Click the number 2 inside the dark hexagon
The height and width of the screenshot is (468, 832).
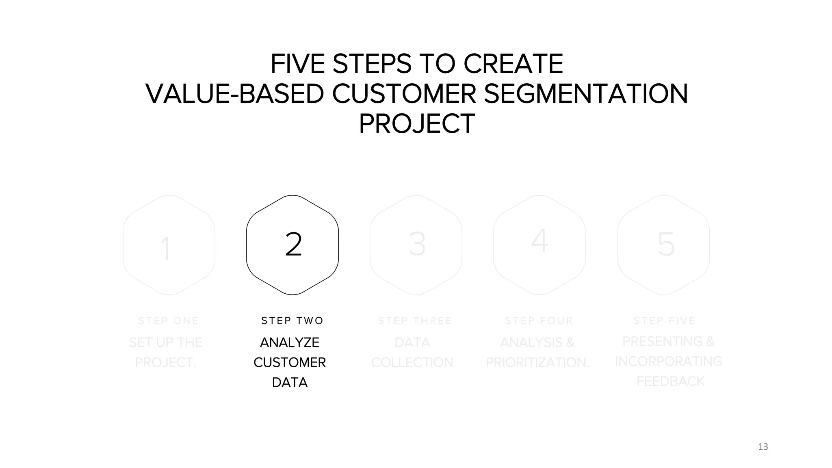point(293,244)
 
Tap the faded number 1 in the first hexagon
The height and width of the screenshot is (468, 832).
point(165,248)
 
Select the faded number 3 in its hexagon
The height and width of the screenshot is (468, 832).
point(417,244)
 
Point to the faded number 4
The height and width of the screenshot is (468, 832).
point(540,240)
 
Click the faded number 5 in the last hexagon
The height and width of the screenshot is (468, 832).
point(666,244)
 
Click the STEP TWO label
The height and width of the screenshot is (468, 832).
point(292,321)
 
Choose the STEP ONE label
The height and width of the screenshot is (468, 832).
point(168,321)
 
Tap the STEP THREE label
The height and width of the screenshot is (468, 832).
point(415,321)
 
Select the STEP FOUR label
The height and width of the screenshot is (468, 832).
point(539,321)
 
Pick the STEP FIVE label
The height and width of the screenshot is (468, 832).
point(665,321)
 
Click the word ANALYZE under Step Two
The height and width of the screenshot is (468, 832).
point(290,342)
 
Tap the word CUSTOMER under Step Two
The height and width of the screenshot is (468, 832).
point(290,362)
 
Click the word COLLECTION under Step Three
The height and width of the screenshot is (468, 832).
point(412,362)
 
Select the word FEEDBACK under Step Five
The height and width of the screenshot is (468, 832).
point(670,381)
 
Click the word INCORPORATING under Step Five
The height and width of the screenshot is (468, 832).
point(669,361)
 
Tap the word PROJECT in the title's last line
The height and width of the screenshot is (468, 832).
point(417,124)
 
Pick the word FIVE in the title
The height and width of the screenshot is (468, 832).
point(297,64)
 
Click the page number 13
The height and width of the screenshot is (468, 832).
point(763,447)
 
